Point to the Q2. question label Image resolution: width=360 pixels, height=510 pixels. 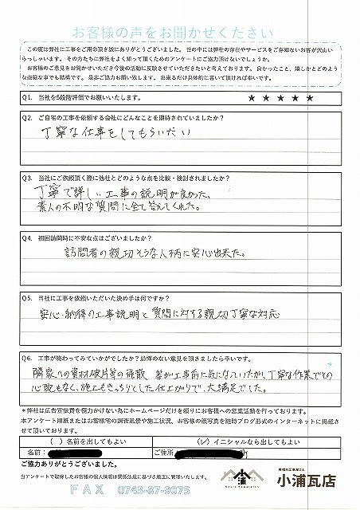tap(26, 118)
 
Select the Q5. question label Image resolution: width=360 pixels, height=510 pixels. tap(26, 294)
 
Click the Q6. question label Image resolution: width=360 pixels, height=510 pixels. tap(26, 359)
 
